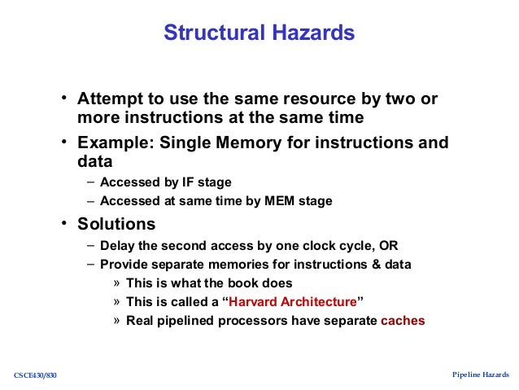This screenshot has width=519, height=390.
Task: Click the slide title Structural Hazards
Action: click(259, 33)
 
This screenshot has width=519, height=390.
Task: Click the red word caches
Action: click(403, 321)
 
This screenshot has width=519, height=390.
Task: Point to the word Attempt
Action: click(106, 99)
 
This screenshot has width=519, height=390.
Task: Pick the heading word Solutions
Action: click(116, 223)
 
